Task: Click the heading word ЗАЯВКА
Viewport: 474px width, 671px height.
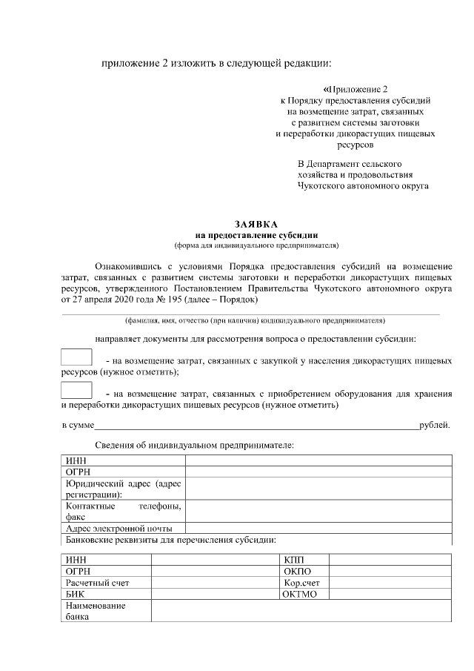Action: [x=256, y=223]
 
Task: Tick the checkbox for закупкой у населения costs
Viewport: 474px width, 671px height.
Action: [x=76, y=357]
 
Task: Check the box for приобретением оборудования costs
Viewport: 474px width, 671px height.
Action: [x=76, y=391]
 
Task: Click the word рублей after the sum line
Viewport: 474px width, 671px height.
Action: [x=434, y=425]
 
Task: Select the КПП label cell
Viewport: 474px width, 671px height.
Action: [x=304, y=559]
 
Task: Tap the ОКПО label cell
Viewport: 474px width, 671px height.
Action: [x=304, y=571]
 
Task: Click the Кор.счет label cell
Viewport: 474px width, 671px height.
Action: [x=304, y=583]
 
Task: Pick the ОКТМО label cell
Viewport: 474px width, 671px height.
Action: [x=304, y=595]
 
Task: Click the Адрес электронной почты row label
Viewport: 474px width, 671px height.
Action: [x=122, y=529]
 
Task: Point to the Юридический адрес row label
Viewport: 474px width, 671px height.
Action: [x=122, y=489]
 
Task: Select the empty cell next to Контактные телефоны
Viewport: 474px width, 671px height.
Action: [x=318, y=512]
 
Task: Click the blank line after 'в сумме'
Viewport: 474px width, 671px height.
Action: [x=256, y=426]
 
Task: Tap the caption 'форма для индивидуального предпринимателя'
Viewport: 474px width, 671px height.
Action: [x=256, y=244]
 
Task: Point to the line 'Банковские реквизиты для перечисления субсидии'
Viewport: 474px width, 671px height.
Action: [x=171, y=539]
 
